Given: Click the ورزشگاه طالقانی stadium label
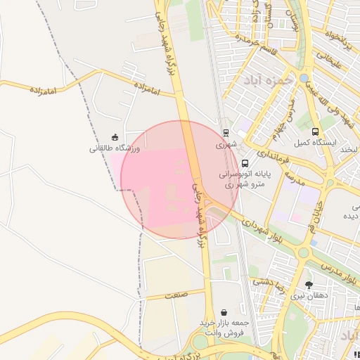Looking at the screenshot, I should click(115, 149).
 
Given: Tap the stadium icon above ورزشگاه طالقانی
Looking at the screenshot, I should click(115, 137).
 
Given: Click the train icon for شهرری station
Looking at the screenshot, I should click(226, 132).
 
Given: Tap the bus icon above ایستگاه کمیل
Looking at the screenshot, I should click(314, 131).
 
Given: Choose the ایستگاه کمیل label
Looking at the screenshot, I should click(310, 143).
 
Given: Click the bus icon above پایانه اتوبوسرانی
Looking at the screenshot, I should click(245, 163).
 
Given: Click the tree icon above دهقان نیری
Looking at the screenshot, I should click(309, 285).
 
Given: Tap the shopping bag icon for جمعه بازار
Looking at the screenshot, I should click(224, 312).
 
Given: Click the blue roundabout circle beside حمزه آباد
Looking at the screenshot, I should click(304, 78).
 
